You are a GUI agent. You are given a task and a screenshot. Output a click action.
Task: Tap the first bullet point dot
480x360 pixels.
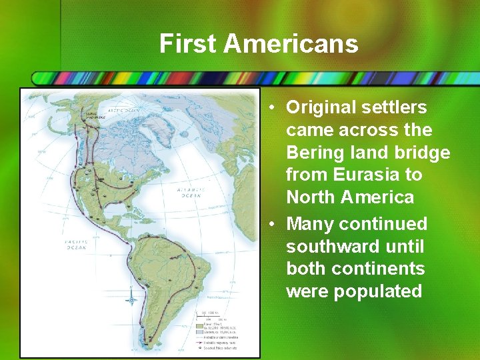[x=273, y=108]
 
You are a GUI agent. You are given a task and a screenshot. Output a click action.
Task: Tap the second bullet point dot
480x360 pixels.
[x=273, y=224]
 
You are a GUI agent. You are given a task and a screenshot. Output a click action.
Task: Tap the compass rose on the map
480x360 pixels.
[x=133, y=300]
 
